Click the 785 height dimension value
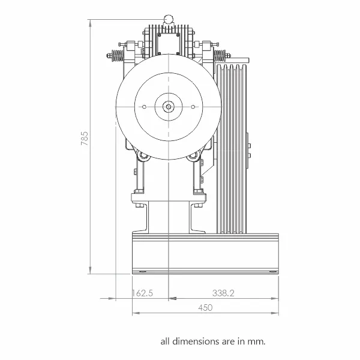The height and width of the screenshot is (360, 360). click(x=85, y=138)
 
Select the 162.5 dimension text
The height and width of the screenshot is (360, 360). click(x=142, y=293)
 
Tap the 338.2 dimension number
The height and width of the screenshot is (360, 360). click(x=223, y=293)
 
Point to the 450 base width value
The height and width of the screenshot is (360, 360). click(x=205, y=307)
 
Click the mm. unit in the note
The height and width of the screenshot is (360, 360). click(x=256, y=342)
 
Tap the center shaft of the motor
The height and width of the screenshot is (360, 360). click(x=169, y=107)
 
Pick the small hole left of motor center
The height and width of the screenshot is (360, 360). click(x=144, y=107)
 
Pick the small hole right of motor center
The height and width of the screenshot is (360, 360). click(x=193, y=107)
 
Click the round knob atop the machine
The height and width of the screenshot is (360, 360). click(x=168, y=19)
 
